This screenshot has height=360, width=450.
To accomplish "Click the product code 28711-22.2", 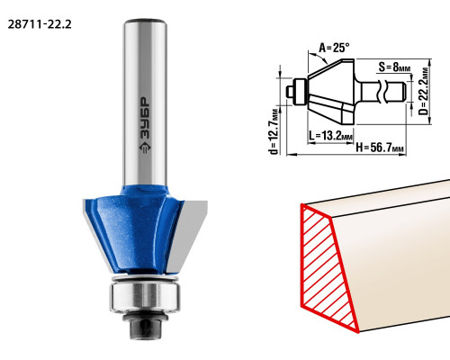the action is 40,24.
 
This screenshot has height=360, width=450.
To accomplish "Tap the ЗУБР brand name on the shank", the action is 145,119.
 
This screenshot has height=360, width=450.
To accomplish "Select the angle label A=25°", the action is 334,48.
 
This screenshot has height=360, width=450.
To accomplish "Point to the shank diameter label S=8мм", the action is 394,67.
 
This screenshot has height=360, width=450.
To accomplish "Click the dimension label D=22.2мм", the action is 424,91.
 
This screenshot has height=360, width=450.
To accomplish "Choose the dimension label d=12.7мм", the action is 274,130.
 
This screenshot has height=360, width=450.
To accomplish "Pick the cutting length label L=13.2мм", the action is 331,136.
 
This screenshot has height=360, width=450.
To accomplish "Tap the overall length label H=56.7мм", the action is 380,148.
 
